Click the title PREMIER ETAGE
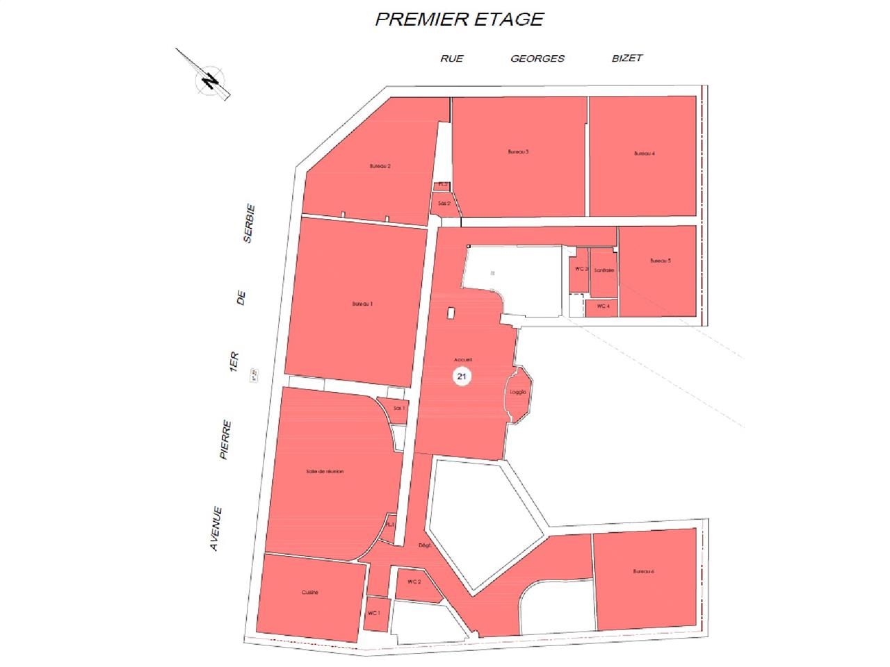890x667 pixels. (x=459, y=19)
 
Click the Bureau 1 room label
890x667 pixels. (x=362, y=304)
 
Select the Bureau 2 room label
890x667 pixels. (x=380, y=166)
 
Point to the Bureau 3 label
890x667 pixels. (x=519, y=151)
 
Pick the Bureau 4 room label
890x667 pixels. (x=644, y=154)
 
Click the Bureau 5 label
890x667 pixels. (x=660, y=261)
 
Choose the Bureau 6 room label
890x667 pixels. (x=644, y=571)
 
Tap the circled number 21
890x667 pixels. (x=461, y=376)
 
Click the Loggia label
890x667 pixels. (x=518, y=392)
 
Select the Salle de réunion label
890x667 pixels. (x=325, y=472)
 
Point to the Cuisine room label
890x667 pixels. (x=310, y=593)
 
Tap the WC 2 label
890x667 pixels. (x=414, y=582)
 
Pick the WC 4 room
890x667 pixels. (x=603, y=306)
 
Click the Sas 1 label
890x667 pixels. (x=398, y=409)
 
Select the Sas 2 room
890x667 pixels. (x=444, y=204)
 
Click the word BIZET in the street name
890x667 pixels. (x=626, y=58)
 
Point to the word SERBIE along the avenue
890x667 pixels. (x=248, y=222)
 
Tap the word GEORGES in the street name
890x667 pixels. (x=537, y=58)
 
